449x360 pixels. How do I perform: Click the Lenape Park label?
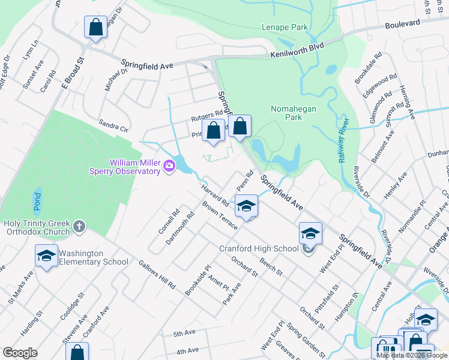tap(285, 27)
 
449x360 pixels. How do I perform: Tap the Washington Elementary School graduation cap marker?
tap(46, 256)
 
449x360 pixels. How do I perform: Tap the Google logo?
tap(20, 353)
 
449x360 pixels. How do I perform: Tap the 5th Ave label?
tap(185, 333)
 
